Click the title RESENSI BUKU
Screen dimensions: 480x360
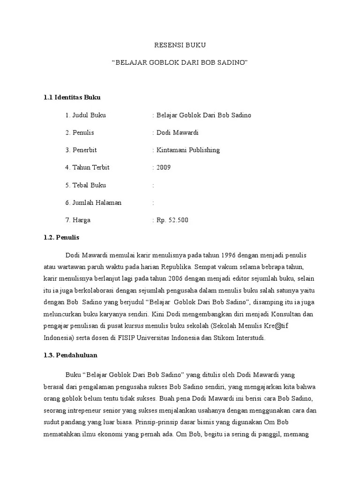[180, 45]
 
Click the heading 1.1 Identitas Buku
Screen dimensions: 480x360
[72, 97]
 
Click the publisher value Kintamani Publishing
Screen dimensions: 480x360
[187, 150]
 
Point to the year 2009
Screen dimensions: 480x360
[164, 167]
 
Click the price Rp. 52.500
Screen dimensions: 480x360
[172, 220]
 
